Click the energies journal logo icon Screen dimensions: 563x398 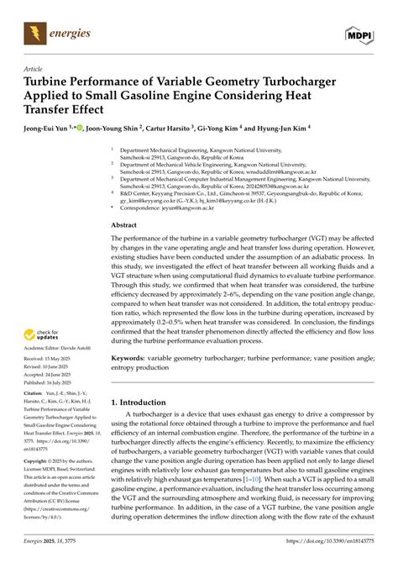coord(34,34)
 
